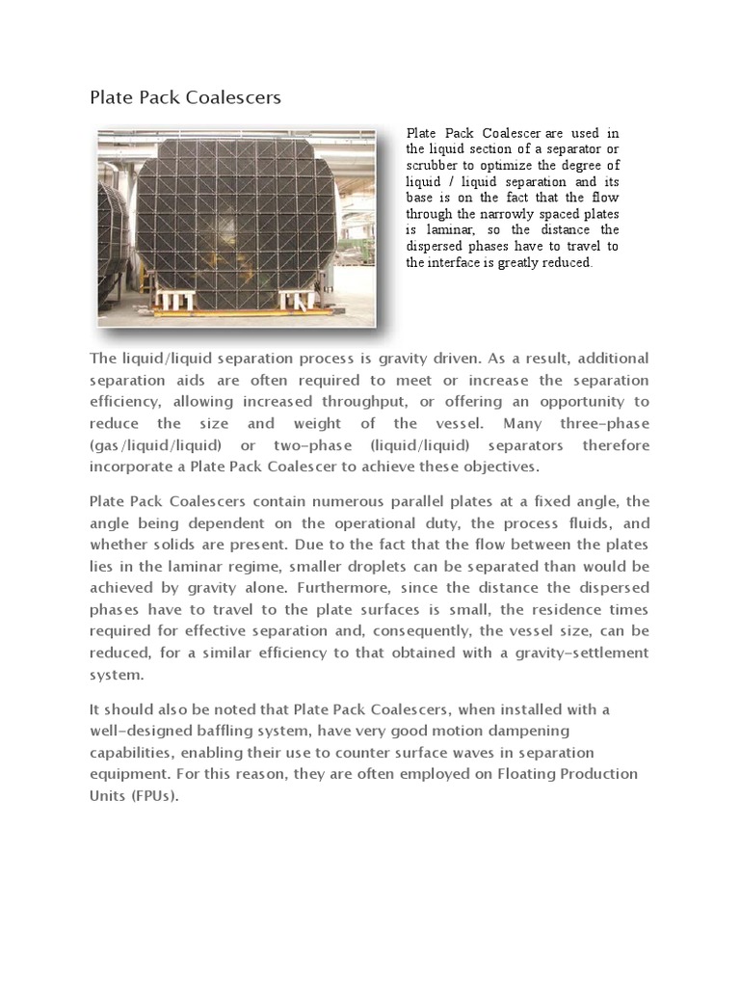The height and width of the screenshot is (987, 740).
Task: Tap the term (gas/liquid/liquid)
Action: click(x=156, y=445)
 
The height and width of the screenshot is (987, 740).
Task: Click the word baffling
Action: click(x=242, y=732)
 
